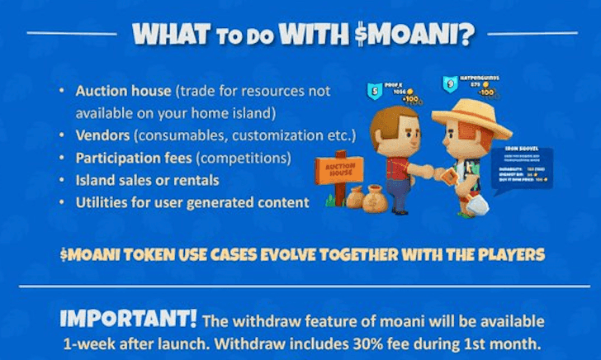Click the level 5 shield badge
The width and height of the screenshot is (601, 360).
click(374, 88)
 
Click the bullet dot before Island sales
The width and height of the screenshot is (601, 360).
click(63, 180)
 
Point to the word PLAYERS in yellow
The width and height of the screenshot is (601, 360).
click(509, 254)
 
